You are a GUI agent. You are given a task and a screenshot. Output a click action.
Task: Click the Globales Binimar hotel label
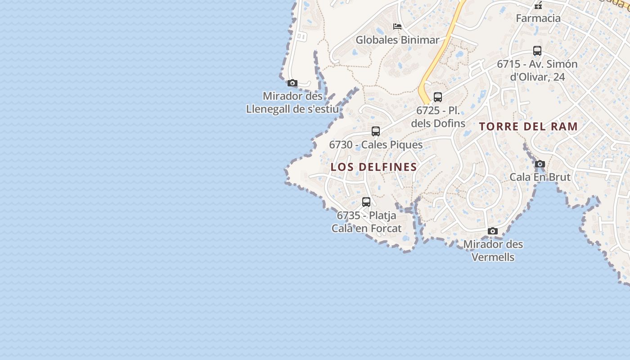pos(397,40)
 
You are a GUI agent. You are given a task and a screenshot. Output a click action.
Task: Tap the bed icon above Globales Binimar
pos(397,27)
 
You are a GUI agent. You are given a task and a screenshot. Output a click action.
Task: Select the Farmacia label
pos(538,18)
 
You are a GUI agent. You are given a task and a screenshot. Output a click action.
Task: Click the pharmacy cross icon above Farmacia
pos(538,5)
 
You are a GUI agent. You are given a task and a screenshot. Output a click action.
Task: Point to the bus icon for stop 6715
pos(537,51)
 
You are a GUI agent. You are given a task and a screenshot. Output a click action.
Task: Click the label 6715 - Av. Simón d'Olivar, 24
pos(537,70)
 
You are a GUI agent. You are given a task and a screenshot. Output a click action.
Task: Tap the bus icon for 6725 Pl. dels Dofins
pos(438,97)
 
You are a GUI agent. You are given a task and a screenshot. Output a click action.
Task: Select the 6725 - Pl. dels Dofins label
pos(438,117)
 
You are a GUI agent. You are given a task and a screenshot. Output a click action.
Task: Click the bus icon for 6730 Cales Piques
pos(376,131)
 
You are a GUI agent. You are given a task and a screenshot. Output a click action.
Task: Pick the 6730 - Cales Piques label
pos(376,145)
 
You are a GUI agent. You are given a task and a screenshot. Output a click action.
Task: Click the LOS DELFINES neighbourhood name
pos(374,167)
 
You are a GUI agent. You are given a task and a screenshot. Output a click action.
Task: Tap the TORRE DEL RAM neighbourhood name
pos(528,126)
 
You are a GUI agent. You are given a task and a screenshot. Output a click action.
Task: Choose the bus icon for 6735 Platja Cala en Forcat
pos(366,202)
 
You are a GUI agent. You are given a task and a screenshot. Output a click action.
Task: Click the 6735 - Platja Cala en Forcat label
pos(366,222)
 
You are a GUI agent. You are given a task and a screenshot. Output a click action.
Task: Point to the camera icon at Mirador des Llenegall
pos(292,83)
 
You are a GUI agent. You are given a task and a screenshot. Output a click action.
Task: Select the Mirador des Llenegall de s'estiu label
pos(292,103)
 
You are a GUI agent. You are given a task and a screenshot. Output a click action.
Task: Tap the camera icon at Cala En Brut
pos(540,164)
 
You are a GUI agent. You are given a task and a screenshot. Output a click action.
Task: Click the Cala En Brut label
pos(540,177)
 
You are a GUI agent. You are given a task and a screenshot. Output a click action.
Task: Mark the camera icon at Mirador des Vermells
pos(493,231)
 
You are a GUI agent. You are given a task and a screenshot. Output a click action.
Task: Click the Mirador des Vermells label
pos(493,251)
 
